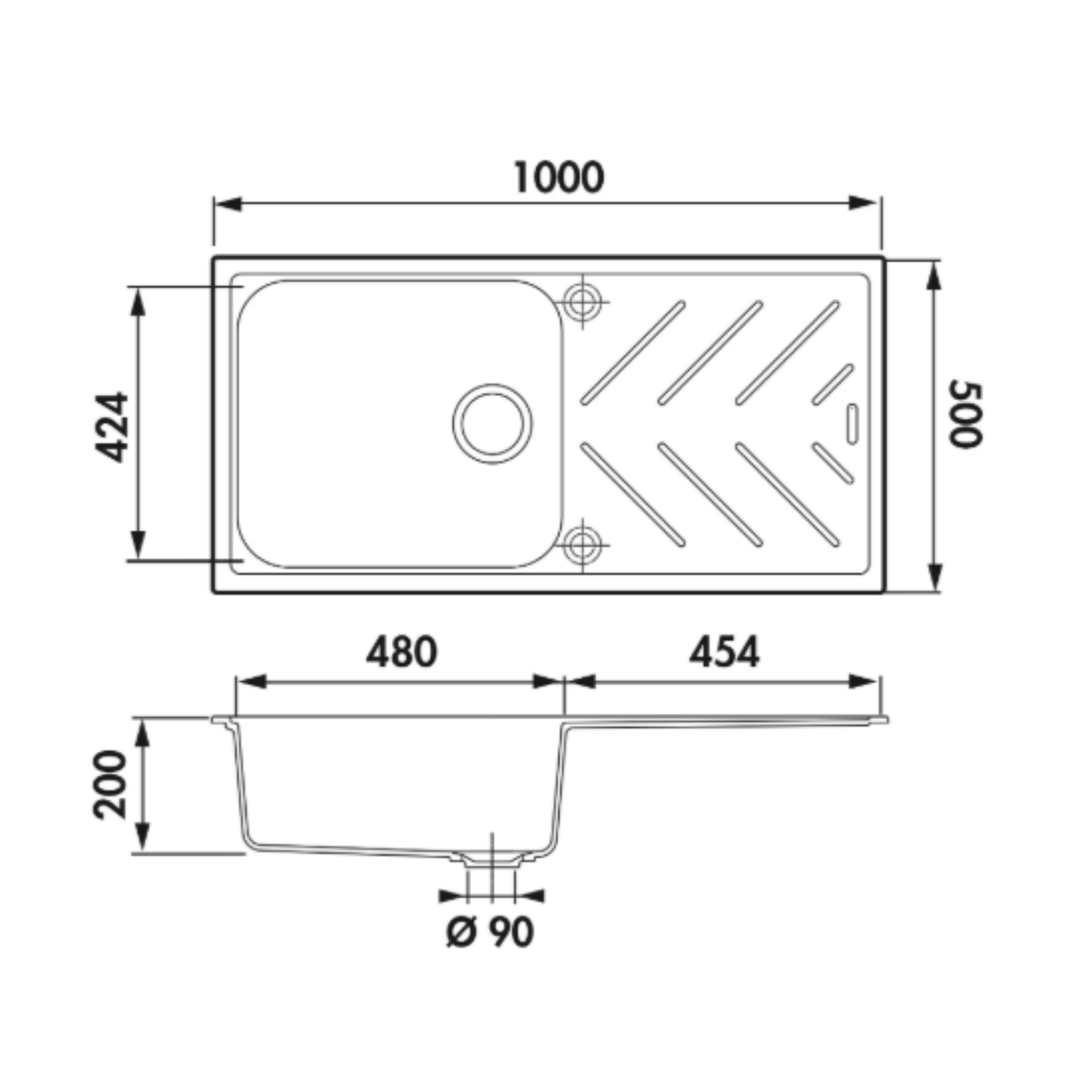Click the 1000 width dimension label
coord(560,178)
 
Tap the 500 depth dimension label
coord(965,416)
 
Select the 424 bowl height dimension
coord(111,427)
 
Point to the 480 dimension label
coord(401,652)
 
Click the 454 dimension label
coord(724,652)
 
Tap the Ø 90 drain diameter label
coord(490,932)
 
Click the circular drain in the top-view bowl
coord(492,424)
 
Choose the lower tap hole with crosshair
coord(582,545)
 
